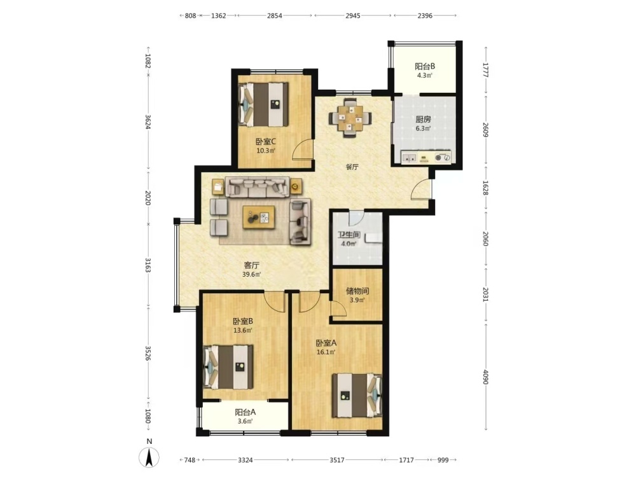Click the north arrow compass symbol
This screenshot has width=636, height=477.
coord(149,458)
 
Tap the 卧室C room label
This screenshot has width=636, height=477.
coord(266,142)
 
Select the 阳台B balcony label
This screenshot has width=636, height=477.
coord(425,66)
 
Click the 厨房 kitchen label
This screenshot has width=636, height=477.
coord(423,120)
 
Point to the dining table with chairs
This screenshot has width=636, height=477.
coord(350,118)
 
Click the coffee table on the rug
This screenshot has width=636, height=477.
coord(259,218)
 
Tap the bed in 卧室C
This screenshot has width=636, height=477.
coord(263,104)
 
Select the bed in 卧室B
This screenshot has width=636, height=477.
coord(228,367)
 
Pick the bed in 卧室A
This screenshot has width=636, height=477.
coord(357,396)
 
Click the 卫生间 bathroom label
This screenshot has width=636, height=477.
coord(349,235)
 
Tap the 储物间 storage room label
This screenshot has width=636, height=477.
coord(357,291)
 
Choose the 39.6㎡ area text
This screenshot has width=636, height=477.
coord(251,274)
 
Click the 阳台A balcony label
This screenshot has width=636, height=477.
coord(245,412)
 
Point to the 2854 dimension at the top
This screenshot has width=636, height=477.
coord(275,16)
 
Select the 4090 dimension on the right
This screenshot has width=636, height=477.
coord(485,377)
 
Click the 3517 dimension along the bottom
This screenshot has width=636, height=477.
coord(336,460)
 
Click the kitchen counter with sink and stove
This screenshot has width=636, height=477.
coord(426,157)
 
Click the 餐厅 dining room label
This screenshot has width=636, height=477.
coord(352,167)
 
